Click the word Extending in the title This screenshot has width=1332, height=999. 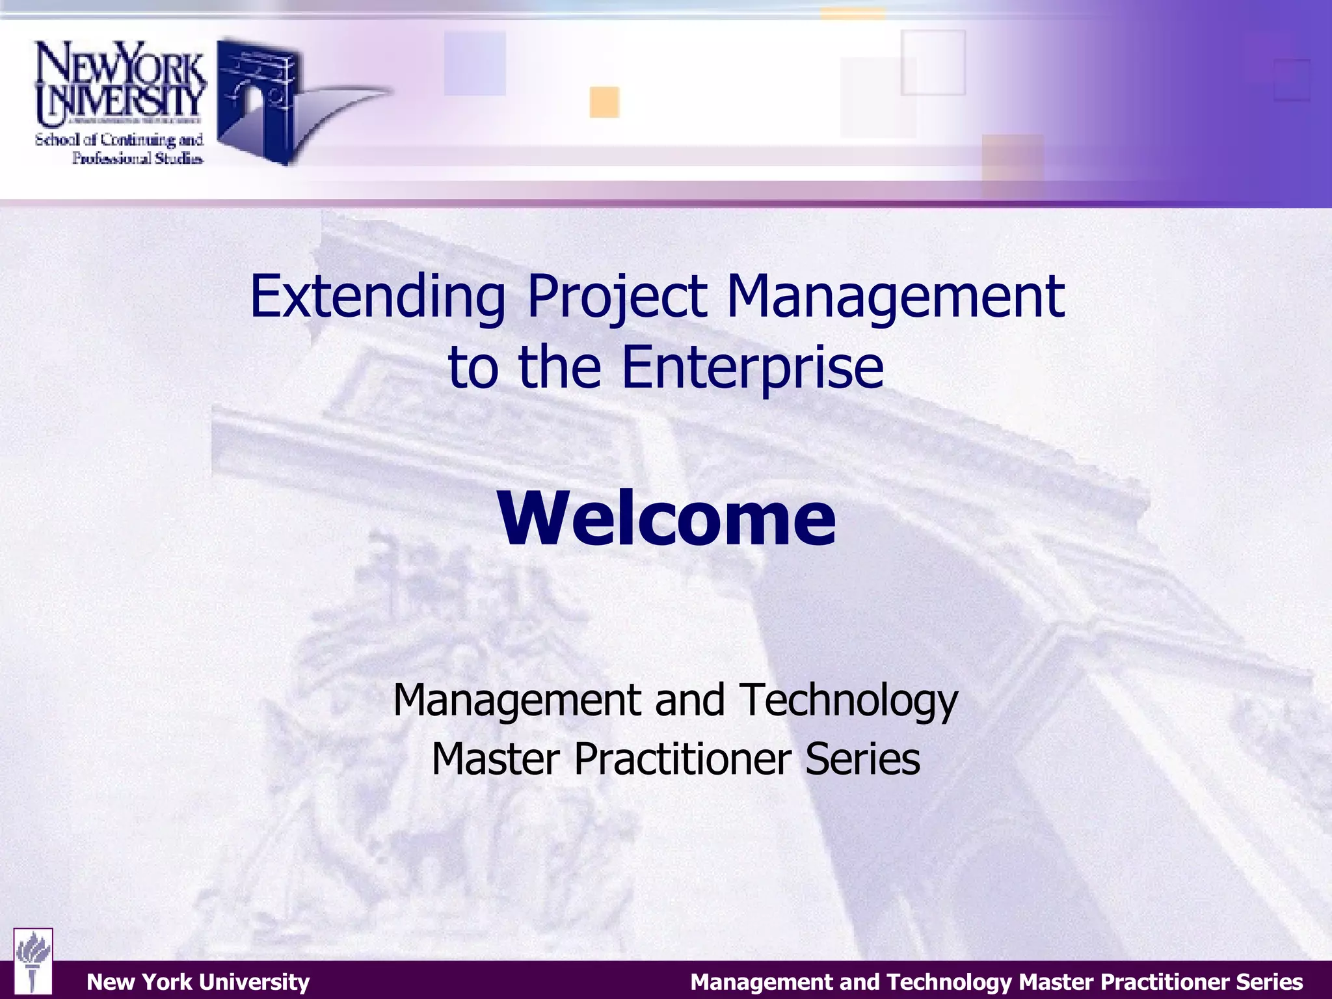377,297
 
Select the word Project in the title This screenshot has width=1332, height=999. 617,297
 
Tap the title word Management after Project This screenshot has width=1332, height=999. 895,297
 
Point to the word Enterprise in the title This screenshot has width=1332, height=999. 753,367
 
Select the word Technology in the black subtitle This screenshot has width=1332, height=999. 849,700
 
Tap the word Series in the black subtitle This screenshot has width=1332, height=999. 862,759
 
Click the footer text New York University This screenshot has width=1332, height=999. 198,981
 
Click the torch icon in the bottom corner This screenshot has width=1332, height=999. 33,961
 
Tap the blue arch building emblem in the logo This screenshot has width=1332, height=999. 258,98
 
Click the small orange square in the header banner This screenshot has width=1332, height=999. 604,102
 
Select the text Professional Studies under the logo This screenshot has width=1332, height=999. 137,158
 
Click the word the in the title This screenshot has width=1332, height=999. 559,367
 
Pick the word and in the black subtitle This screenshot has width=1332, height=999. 689,700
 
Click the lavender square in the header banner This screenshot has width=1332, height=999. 475,64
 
